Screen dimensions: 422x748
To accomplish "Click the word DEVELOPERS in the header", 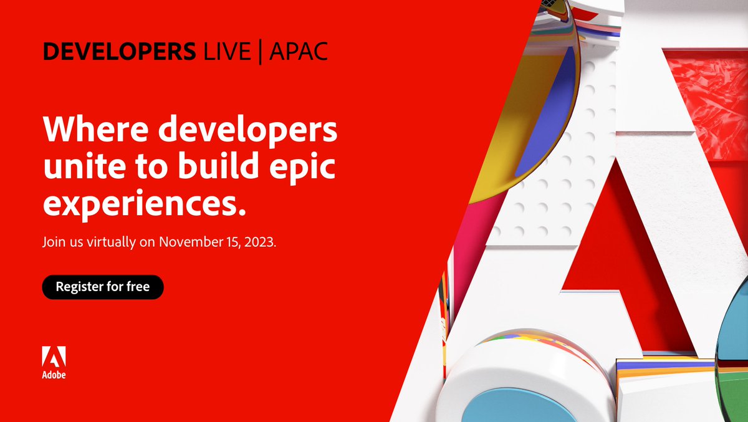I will [118, 52].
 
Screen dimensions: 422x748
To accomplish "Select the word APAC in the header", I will [297, 52].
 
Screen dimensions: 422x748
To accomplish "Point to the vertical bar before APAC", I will [261, 52].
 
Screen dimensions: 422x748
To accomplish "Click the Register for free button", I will [103, 287].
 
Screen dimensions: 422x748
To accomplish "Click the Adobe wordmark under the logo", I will [54, 375].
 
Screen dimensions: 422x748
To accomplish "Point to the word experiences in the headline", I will [141, 203].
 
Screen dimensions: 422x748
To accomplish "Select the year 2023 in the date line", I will [260, 242].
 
